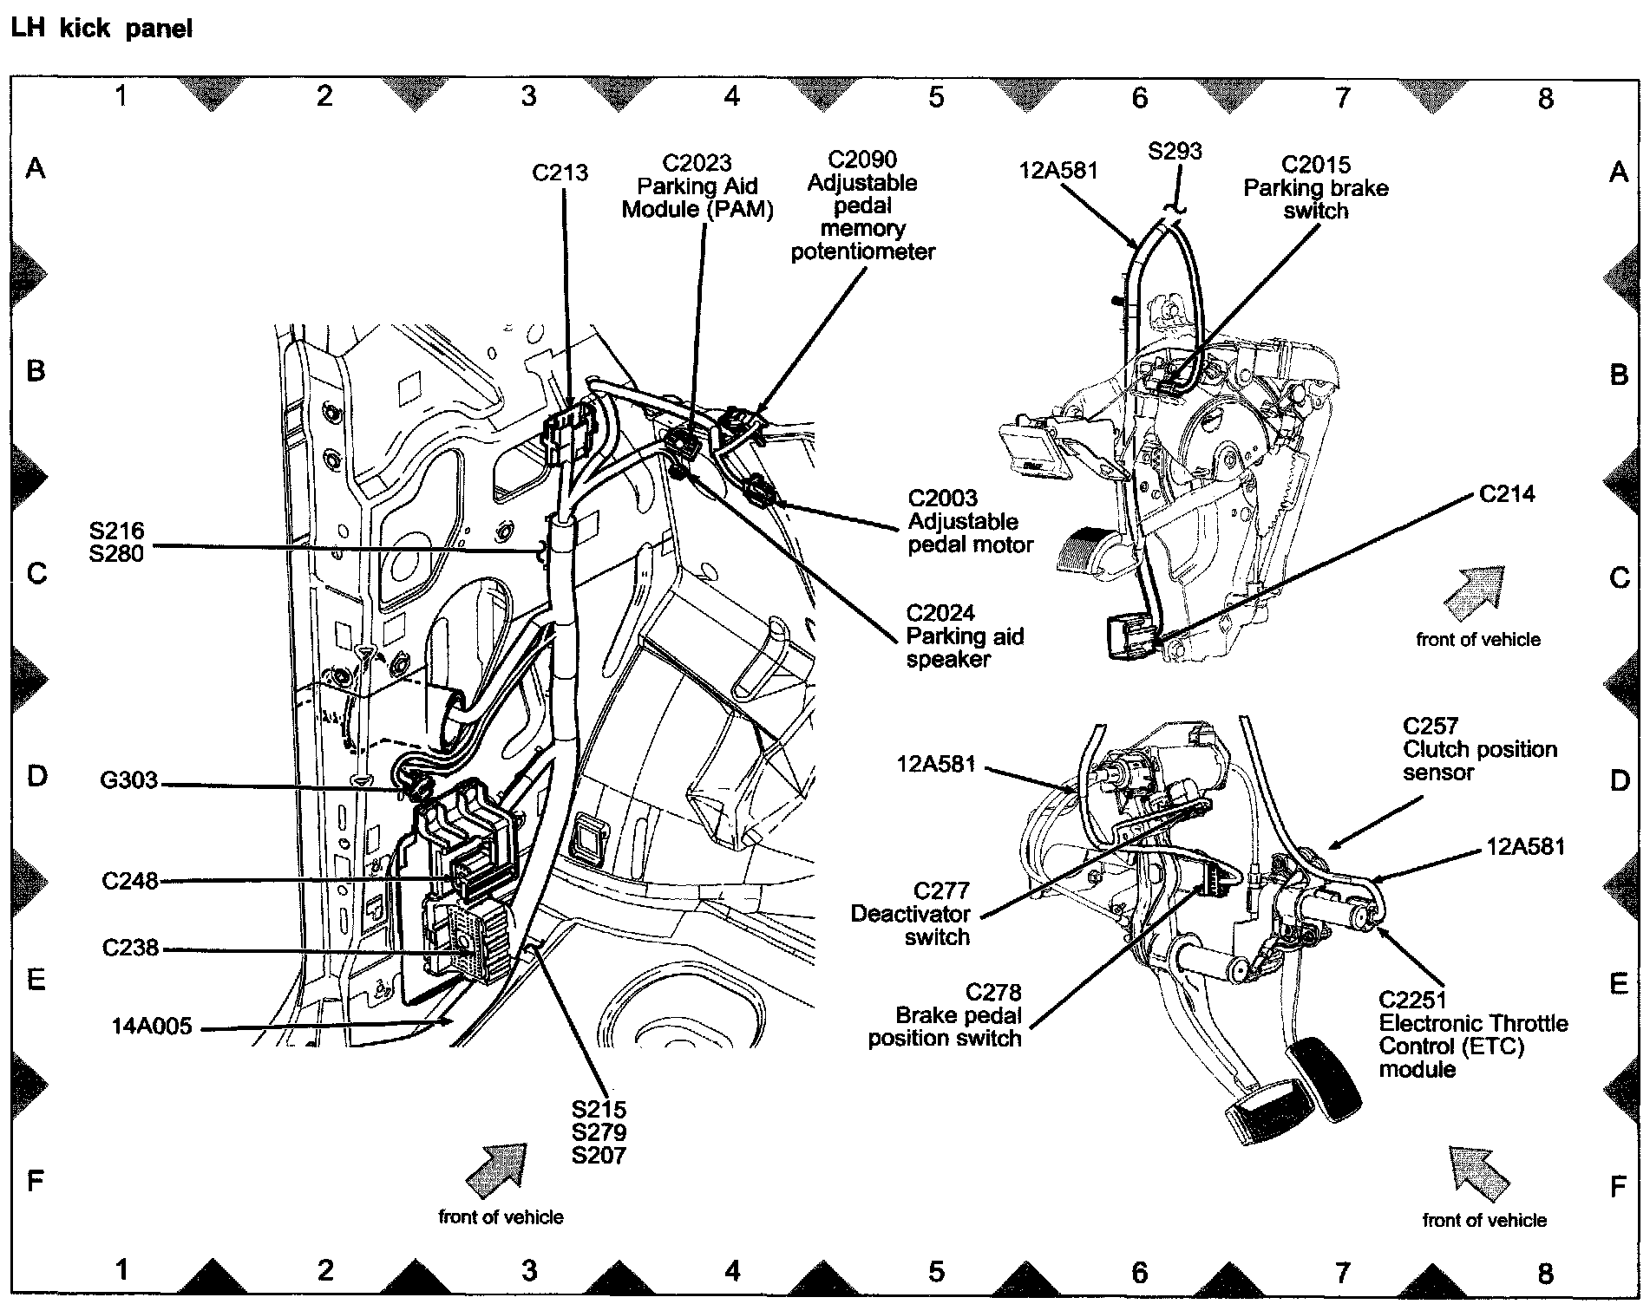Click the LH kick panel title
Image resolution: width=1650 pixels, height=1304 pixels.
(x=100, y=29)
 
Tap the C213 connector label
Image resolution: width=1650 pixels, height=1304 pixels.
(x=560, y=173)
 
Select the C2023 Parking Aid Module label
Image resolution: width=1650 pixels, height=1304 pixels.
(x=697, y=186)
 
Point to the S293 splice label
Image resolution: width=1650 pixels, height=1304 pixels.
(x=1175, y=152)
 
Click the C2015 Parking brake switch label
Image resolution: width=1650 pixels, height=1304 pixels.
(x=1315, y=188)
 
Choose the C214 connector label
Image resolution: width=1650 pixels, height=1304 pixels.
(x=1507, y=494)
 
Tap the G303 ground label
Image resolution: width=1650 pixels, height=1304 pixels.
(x=129, y=781)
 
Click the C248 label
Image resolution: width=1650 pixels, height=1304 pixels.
(x=130, y=881)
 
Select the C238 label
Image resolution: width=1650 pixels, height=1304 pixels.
(x=130, y=948)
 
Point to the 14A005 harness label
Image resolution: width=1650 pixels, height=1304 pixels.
(x=151, y=1027)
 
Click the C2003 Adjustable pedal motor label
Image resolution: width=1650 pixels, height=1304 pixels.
(x=970, y=522)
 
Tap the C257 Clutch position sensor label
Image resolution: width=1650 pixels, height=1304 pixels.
(x=1480, y=749)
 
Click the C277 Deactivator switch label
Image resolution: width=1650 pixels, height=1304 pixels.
(x=910, y=914)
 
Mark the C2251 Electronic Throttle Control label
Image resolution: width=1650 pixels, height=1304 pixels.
(x=1473, y=1035)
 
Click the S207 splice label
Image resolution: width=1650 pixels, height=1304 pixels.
(x=599, y=1155)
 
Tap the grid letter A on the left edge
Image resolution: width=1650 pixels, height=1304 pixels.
(x=35, y=167)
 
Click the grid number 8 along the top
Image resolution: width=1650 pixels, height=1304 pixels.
(x=1545, y=99)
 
